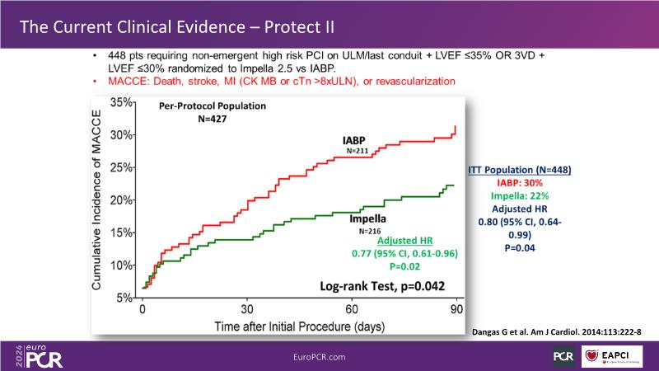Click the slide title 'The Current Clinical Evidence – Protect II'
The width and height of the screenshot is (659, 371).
point(177,26)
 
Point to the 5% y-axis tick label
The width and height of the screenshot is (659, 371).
point(124,298)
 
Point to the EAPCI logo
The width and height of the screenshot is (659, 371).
point(614,355)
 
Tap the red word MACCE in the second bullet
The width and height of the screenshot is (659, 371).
point(124,82)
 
